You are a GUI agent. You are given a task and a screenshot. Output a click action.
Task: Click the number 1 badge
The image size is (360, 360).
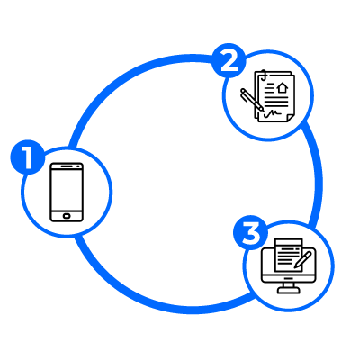click(28, 157)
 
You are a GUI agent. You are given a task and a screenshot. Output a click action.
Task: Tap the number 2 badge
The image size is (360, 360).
click(229, 61)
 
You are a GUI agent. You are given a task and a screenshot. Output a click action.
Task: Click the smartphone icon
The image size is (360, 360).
click(67, 193)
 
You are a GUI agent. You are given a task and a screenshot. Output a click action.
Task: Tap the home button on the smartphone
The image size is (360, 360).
click(67, 216)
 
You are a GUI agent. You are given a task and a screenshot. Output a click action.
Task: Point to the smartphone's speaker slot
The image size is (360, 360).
click(69, 166)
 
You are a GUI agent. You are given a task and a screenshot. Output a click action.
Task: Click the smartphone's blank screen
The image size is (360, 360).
click(67, 190)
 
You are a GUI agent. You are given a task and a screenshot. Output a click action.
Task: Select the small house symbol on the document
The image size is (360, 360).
click(283, 87)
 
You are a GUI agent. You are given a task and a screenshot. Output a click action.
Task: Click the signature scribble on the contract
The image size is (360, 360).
click(273, 113)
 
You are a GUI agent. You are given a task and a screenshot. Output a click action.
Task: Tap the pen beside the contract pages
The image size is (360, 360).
click(252, 99)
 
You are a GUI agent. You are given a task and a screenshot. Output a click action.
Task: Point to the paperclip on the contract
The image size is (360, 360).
click(263, 76)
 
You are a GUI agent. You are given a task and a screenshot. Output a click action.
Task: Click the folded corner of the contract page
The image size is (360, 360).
click(290, 118)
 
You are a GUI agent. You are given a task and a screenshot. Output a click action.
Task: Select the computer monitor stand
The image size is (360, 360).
click(288, 288)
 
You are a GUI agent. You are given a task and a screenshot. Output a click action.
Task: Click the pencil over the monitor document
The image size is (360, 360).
click(303, 260)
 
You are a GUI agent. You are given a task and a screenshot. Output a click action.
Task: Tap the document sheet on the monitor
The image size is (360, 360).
click(289, 256)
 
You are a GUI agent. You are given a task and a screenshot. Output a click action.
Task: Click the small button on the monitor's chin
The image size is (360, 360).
click(289, 278)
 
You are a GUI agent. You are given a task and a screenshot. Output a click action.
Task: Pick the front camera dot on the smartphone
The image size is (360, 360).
click(80, 166)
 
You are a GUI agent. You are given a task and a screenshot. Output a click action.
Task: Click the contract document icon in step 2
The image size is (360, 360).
click(268, 96)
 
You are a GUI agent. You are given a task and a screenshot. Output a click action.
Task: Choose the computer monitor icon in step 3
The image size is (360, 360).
click(289, 266)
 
